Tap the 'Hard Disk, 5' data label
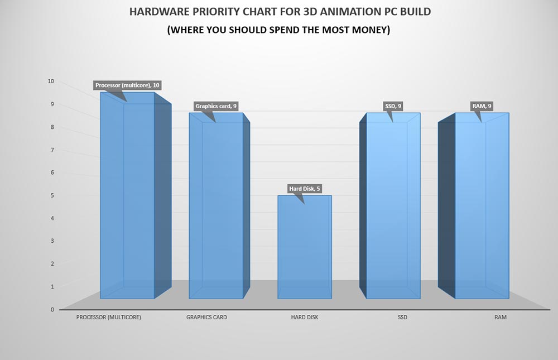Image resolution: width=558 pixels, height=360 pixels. click(x=305, y=189)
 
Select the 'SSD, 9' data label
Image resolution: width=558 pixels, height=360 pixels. click(x=394, y=106)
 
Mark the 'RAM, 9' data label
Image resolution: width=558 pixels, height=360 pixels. click(x=482, y=106)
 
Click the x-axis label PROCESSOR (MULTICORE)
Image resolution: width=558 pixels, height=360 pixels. click(x=108, y=318)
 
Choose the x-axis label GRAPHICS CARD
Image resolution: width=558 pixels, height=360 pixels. click(x=206, y=318)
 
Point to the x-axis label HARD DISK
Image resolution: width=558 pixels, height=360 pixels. click(x=305, y=318)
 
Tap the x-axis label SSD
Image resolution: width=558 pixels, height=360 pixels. click(x=402, y=318)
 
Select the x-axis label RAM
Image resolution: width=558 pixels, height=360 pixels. click(x=501, y=318)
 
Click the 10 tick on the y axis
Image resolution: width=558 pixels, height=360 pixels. click(x=51, y=81)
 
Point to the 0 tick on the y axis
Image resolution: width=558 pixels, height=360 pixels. click(x=52, y=309)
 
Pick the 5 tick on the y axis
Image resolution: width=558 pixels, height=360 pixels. click(x=52, y=195)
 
